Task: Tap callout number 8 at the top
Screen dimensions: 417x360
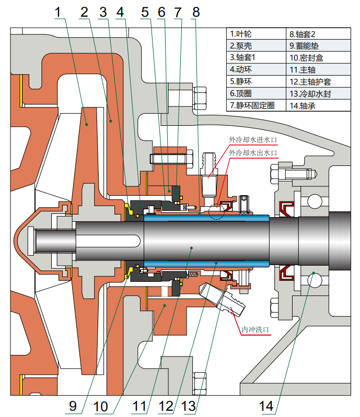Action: click(x=195, y=11)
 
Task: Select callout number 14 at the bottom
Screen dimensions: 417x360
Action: click(x=266, y=406)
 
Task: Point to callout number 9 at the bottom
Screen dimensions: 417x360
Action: click(x=73, y=406)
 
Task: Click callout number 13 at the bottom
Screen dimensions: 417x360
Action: click(x=189, y=406)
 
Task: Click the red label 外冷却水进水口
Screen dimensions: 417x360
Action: click(x=252, y=140)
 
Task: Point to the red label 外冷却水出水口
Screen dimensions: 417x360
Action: click(x=252, y=153)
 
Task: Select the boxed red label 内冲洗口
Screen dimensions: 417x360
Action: click(x=255, y=330)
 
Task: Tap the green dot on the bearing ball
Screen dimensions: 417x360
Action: click(x=312, y=273)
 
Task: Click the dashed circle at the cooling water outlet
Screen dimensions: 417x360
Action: click(x=216, y=211)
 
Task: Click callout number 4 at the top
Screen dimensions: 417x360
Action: click(x=121, y=11)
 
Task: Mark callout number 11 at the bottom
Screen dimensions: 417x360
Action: click(x=137, y=406)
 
